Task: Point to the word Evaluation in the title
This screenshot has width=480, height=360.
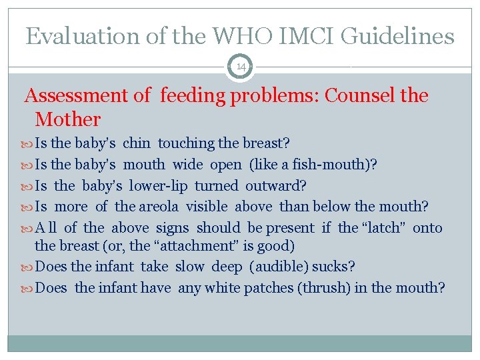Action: (84, 36)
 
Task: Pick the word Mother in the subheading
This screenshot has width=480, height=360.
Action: (67, 120)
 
